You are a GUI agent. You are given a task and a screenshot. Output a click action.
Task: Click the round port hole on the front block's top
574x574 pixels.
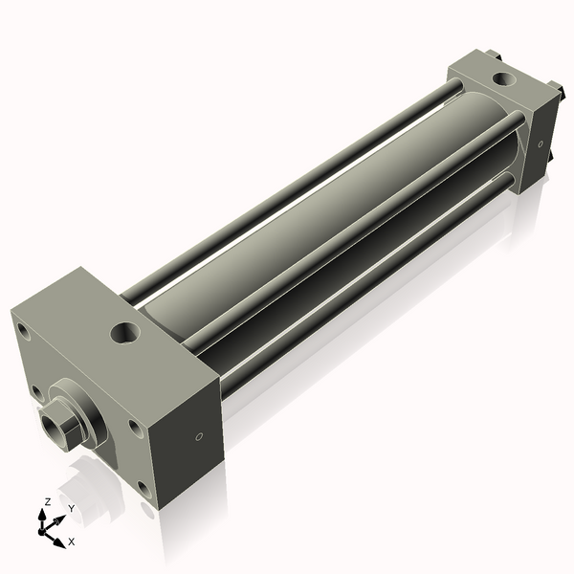coord(125,333)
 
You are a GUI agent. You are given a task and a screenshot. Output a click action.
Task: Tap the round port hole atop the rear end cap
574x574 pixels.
coord(504,78)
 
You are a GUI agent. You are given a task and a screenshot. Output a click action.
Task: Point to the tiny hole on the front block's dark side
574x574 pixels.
coord(199,436)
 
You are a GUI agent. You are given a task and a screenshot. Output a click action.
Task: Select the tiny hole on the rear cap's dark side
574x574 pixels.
coord(541,144)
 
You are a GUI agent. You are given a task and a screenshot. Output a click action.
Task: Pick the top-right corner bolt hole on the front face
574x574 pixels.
coord(136,429)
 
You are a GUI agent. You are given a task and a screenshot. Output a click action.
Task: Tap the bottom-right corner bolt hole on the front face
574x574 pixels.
coord(144,491)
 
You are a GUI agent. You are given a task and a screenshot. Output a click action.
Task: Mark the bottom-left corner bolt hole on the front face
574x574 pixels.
coord(37,392)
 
